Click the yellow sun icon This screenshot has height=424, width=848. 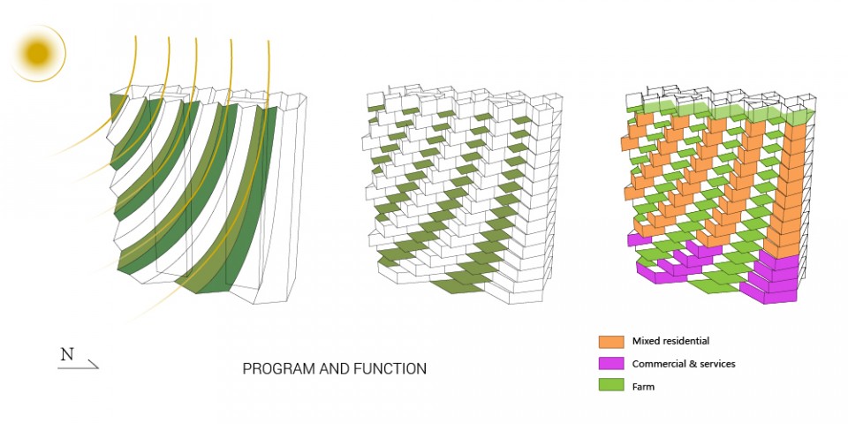click(x=38, y=53)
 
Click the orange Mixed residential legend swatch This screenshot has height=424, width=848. click(x=611, y=341)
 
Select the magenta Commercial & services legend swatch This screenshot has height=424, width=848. click(x=611, y=363)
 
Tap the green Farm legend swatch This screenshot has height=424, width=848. click(x=611, y=386)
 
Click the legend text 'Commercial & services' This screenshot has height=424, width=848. click(x=684, y=364)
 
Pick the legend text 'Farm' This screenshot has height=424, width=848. click(x=643, y=386)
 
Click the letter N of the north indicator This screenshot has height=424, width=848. click(x=67, y=355)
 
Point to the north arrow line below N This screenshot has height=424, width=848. click(x=78, y=367)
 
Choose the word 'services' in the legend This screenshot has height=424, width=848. click(x=717, y=364)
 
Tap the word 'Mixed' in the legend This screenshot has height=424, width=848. click(x=645, y=341)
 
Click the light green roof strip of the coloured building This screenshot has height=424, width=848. click(x=724, y=111)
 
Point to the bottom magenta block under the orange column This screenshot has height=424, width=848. click(x=768, y=295)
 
